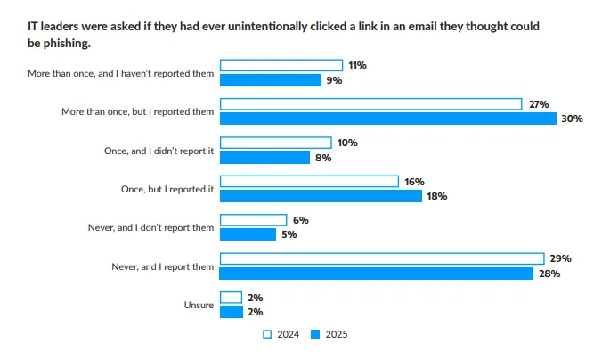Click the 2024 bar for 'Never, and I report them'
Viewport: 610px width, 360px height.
(381, 258)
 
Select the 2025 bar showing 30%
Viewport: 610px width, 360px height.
(387, 119)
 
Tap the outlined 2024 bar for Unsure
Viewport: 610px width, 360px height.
(231, 297)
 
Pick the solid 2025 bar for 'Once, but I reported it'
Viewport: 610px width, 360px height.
(321, 196)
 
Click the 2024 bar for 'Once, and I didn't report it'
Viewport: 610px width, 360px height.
(275, 143)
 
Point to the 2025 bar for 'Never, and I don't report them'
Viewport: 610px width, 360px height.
(248, 234)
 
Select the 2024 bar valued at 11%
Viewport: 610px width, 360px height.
(281, 65)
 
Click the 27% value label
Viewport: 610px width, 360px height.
(538, 104)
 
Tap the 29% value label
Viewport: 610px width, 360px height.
(560, 258)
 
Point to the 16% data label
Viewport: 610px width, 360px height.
(415, 182)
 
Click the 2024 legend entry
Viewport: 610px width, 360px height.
(282, 335)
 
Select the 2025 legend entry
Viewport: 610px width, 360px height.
(329, 335)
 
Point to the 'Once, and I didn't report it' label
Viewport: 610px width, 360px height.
(159, 151)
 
